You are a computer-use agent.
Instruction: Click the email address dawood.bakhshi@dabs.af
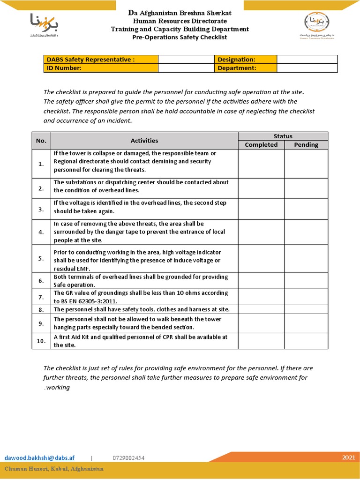pos(39,457)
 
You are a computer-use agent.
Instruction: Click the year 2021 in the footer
pos(348,457)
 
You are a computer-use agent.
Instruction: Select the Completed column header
pos(261,145)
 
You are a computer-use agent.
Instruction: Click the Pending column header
pos(306,145)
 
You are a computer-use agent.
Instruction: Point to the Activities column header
pos(144,141)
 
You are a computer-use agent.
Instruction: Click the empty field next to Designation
pos(307,60)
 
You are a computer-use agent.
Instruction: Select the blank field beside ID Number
pos(186,68)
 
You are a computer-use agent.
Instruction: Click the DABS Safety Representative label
pos(90,60)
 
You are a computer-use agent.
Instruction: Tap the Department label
pos(237,68)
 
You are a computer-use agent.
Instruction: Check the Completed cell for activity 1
pos(261,164)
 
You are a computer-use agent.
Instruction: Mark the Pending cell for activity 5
pos(306,258)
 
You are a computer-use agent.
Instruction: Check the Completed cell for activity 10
pos(261,341)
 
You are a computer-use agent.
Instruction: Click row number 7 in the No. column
pos(41,297)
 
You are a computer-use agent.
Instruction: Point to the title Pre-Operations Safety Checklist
pos(180,37)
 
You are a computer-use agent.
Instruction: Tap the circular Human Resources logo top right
pos(317,21)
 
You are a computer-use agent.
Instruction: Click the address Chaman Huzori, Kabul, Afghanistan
pos(54,469)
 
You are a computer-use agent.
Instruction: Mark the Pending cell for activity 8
pos(306,309)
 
